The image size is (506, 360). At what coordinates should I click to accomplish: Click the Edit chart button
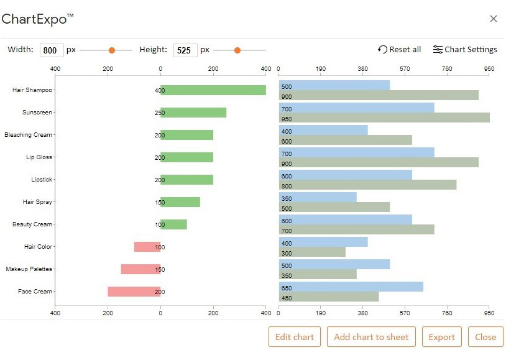point(295,337)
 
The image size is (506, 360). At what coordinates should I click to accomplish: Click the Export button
point(441,337)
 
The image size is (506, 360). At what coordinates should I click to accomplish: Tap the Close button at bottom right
point(485,337)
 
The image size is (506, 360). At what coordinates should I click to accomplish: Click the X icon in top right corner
point(494,19)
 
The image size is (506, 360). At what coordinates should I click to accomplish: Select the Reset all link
point(400,50)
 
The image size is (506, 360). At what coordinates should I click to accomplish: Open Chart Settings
point(465,50)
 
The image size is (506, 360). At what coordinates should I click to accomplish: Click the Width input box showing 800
point(52,50)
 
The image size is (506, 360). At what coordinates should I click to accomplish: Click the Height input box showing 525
point(185,50)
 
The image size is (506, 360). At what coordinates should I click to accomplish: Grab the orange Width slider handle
point(112,50)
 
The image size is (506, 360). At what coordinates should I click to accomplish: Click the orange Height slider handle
point(237,50)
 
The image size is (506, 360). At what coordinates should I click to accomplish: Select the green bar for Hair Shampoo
point(213,90)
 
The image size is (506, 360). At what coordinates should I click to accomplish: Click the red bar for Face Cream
point(134,292)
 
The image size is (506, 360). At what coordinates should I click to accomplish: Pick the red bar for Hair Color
point(147,247)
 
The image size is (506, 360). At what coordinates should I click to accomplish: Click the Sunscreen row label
point(37,113)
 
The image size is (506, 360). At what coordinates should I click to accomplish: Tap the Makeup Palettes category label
point(29,269)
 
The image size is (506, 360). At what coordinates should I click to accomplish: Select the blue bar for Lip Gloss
point(356,152)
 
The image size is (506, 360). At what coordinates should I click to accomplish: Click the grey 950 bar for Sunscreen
point(384,118)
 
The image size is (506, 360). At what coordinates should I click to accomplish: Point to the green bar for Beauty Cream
point(174,224)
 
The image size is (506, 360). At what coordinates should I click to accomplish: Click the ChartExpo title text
point(37,19)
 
